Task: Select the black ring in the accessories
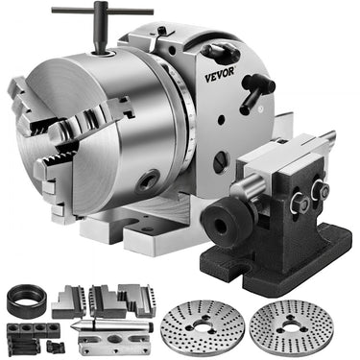coord(25,300)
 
